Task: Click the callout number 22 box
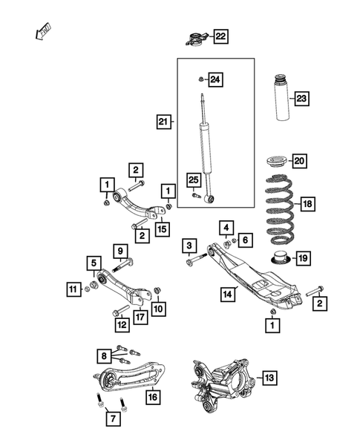tap(221, 36)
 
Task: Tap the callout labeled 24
tap(215, 79)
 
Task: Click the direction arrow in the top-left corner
tap(43, 32)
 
